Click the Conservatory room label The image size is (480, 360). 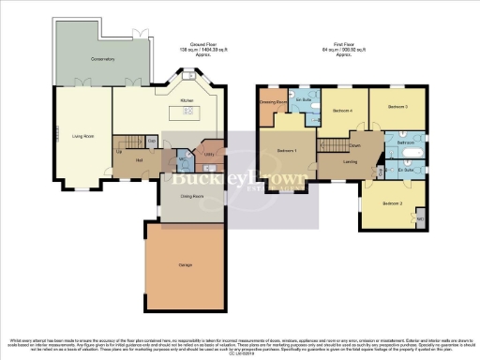click(77, 59)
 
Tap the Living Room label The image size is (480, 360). click(83, 136)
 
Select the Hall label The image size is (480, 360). click(125, 160)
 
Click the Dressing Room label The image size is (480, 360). click(273, 101)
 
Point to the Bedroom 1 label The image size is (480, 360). click(287, 151)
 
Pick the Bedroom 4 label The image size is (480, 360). click(341, 110)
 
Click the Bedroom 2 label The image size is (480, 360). click(392, 203)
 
